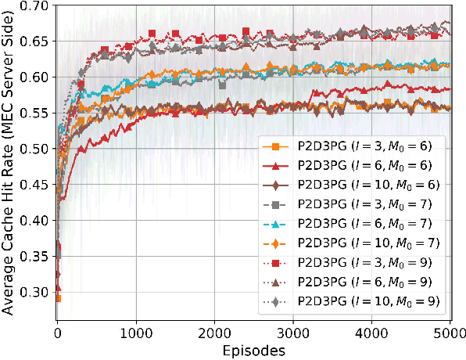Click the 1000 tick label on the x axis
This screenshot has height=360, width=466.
[x=136, y=332]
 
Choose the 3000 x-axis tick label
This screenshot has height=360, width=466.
[x=293, y=332]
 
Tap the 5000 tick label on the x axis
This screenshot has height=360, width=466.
[x=450, y=332]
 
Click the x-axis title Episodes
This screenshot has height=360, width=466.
[x=252, y=350]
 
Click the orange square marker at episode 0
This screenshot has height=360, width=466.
[x=57, y=298]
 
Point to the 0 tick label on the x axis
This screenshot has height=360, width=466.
[x=57, y=332]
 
